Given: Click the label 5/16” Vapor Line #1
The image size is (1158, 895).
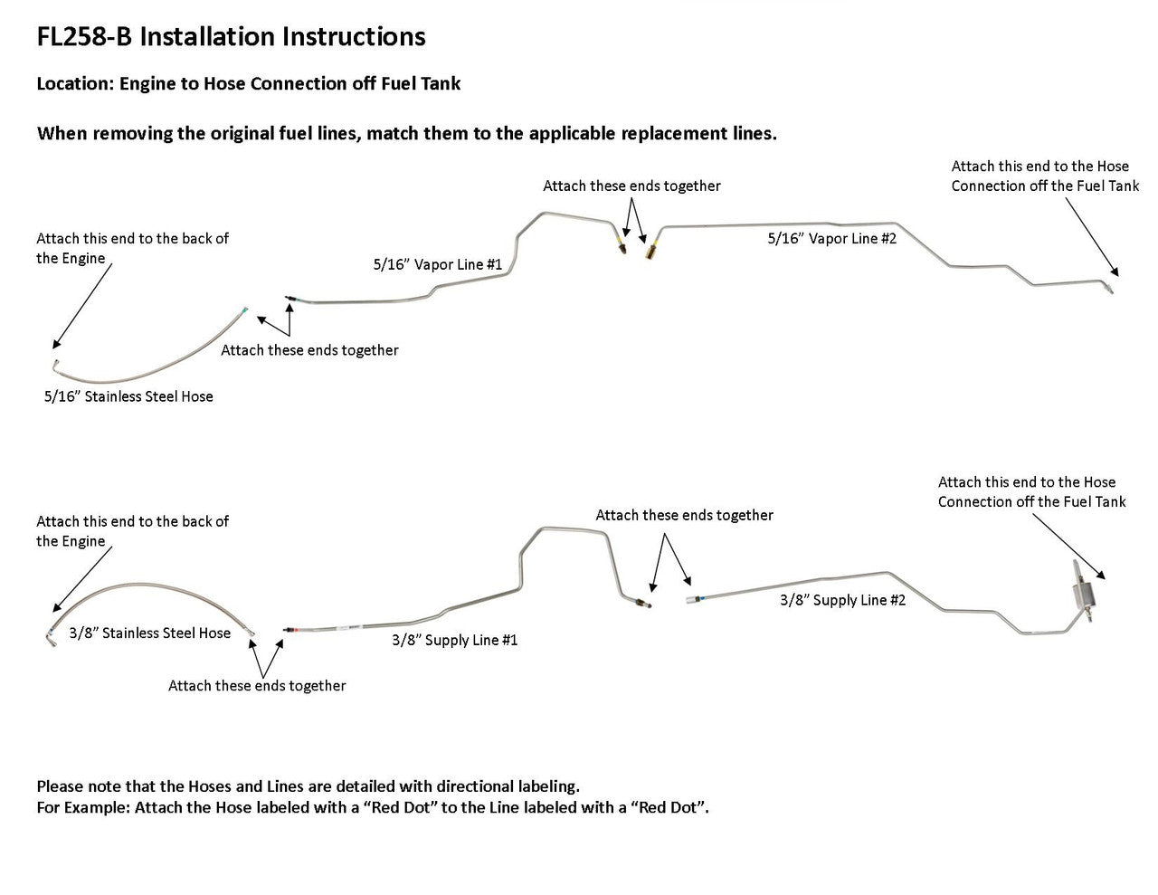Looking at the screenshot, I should pyautogui.click(x=437, y=264).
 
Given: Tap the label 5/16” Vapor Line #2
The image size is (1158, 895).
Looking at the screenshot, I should pyautogui.click(x=831, y=238).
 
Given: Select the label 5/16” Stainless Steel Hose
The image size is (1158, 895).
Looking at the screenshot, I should pyautogui.click(x=128, y=396).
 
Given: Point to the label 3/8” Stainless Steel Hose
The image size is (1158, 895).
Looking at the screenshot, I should pyautogui.click(x=149, y=633).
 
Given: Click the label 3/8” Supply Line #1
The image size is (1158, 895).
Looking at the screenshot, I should pyautogui.click(x=454, y=640).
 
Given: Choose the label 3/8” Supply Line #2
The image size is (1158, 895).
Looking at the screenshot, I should pyautogui.click(x=842, y=600).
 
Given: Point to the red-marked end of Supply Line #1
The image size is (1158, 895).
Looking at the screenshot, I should pyautogui.click(x=287, y=626).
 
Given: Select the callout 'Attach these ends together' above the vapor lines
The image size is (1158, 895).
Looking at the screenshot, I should pyautogui.click(x=631, y=186).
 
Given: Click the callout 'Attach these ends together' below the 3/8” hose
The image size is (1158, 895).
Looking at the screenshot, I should pyautogui.click(x=257, y=686).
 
